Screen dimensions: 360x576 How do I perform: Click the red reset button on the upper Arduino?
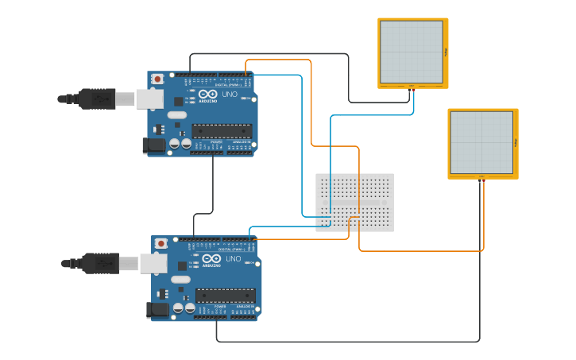pyautogui.click(x=157, y=79)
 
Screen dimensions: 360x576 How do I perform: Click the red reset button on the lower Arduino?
pyautogui.click(x=161, y=243)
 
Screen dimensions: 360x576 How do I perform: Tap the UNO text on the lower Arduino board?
pyautogui.click(x=233, y=259)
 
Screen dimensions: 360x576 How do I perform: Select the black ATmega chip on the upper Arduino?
pyautogui.click(x=222, y=131)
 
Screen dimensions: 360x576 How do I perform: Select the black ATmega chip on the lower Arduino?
pyautogui.click(x=226, y=296)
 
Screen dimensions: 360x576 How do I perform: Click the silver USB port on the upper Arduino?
pyautogui.click(x=149, y=99)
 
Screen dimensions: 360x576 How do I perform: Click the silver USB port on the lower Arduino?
pyautogui.click(x=153, y=263)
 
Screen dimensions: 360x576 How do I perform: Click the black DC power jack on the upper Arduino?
pyautogui.click(x=153, y=145)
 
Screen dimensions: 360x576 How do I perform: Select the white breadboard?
pyautogui.click(x=354, y=202)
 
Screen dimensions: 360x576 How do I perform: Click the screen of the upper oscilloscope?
pyautogui.click(x=411, y=52)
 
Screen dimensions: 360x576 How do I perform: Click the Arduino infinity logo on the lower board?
pyautogui.click(x=212, y=259)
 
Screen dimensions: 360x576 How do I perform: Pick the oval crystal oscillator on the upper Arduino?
pyautogui.click(x=177, y=115)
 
